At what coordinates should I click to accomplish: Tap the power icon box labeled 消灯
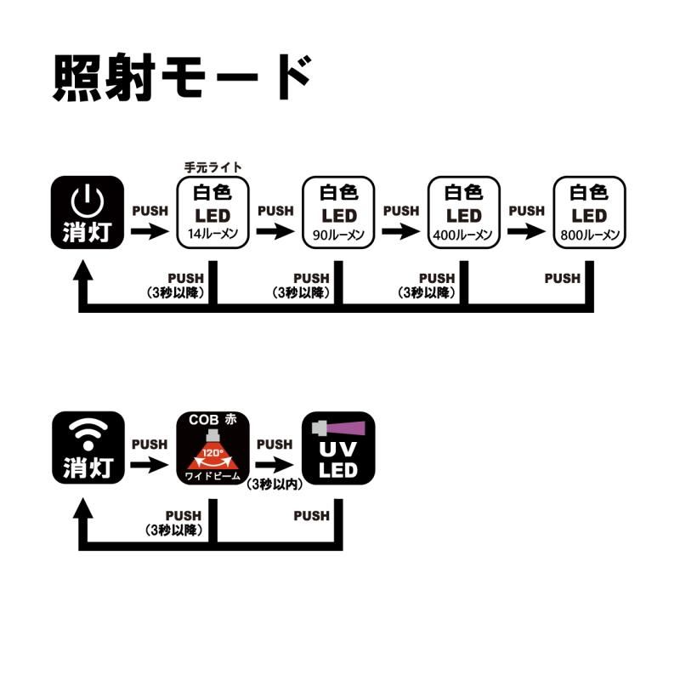pos(88,212)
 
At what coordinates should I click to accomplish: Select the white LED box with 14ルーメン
pos(212,212)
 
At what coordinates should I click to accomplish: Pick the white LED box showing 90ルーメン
pos(338,212)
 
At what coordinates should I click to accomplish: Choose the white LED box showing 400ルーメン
pos(464,212)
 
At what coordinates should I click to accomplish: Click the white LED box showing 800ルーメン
pos(589,212)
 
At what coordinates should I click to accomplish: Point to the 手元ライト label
pos(213,167)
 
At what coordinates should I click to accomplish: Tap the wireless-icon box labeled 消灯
pos(88,448)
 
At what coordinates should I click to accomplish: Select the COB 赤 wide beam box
pos(212,448)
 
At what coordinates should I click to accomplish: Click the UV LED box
pos(338,448)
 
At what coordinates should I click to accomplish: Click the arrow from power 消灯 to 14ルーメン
pos(149,231)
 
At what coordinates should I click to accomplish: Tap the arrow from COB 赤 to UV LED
pos(275,465)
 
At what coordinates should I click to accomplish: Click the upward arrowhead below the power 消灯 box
pos(82,272)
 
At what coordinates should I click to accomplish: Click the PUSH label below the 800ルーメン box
pos(562,278)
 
